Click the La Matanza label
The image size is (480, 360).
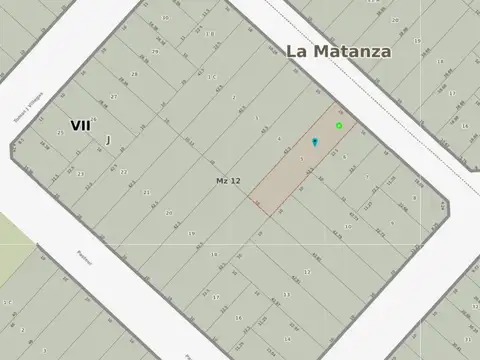(339, 51)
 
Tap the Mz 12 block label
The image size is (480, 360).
(228, 180)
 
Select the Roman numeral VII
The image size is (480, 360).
(80, 125)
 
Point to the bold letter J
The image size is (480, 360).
(107, 140)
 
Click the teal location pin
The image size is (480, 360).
(314, 143)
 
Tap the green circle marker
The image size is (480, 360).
(339, 125)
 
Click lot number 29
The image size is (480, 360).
(154, 51)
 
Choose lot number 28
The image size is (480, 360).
(133, 74)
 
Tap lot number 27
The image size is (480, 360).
(113, 97)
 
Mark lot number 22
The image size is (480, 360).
(124, 172)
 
